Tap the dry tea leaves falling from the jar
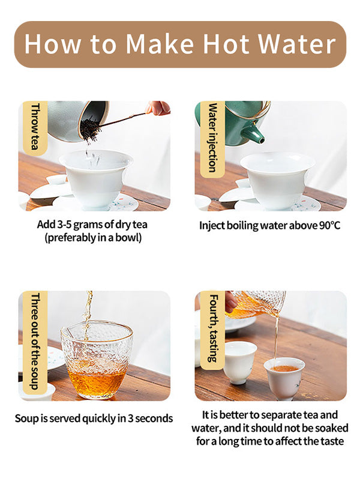91,129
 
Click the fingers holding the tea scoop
158,107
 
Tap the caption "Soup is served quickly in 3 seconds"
94,419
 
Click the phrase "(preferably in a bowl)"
94,238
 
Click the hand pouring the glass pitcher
231,301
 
